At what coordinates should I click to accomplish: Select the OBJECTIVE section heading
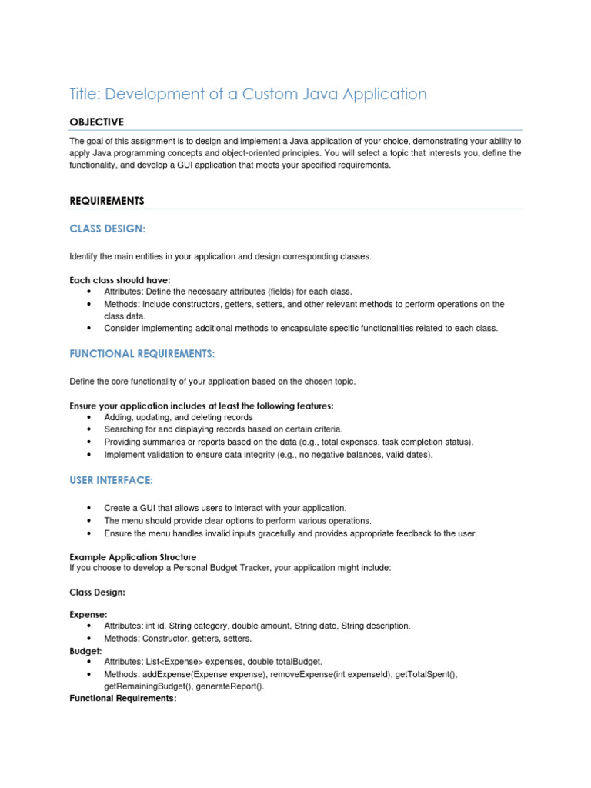[96, 122]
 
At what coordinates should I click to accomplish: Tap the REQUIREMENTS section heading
[107, 201]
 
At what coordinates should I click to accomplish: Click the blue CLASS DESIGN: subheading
[107, 229]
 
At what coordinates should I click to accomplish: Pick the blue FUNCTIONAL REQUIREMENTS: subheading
[142, 353]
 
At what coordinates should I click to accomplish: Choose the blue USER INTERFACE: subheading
[111, 480]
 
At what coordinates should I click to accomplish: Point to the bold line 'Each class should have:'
[120, 280]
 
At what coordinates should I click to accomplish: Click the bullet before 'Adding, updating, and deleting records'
[90, 418]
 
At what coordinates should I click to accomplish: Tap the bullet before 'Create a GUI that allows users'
[90, 509]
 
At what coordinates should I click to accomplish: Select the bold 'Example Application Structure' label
[132, 556]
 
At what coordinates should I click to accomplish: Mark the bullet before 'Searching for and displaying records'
[90, 430]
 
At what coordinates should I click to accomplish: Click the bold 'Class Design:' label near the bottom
[97, 593]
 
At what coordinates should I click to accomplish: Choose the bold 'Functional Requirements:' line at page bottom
[122, 699]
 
